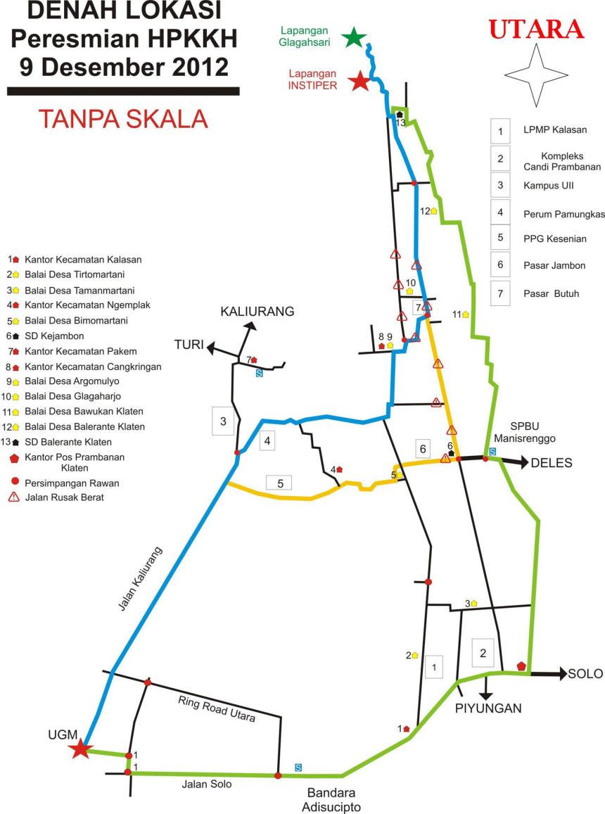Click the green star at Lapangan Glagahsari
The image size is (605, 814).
[x=354, y=37]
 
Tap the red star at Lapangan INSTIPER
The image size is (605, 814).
[x=360, y=81]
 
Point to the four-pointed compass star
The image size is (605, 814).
[x=537, y=75]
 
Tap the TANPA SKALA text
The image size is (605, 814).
[x=123, y=118]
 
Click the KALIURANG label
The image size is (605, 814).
[x=257, y=311]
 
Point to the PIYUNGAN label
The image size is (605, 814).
[x=488, y=708]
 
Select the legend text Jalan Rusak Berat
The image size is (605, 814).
[x=68, y=497]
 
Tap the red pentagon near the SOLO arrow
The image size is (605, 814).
[x=521, y=666]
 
